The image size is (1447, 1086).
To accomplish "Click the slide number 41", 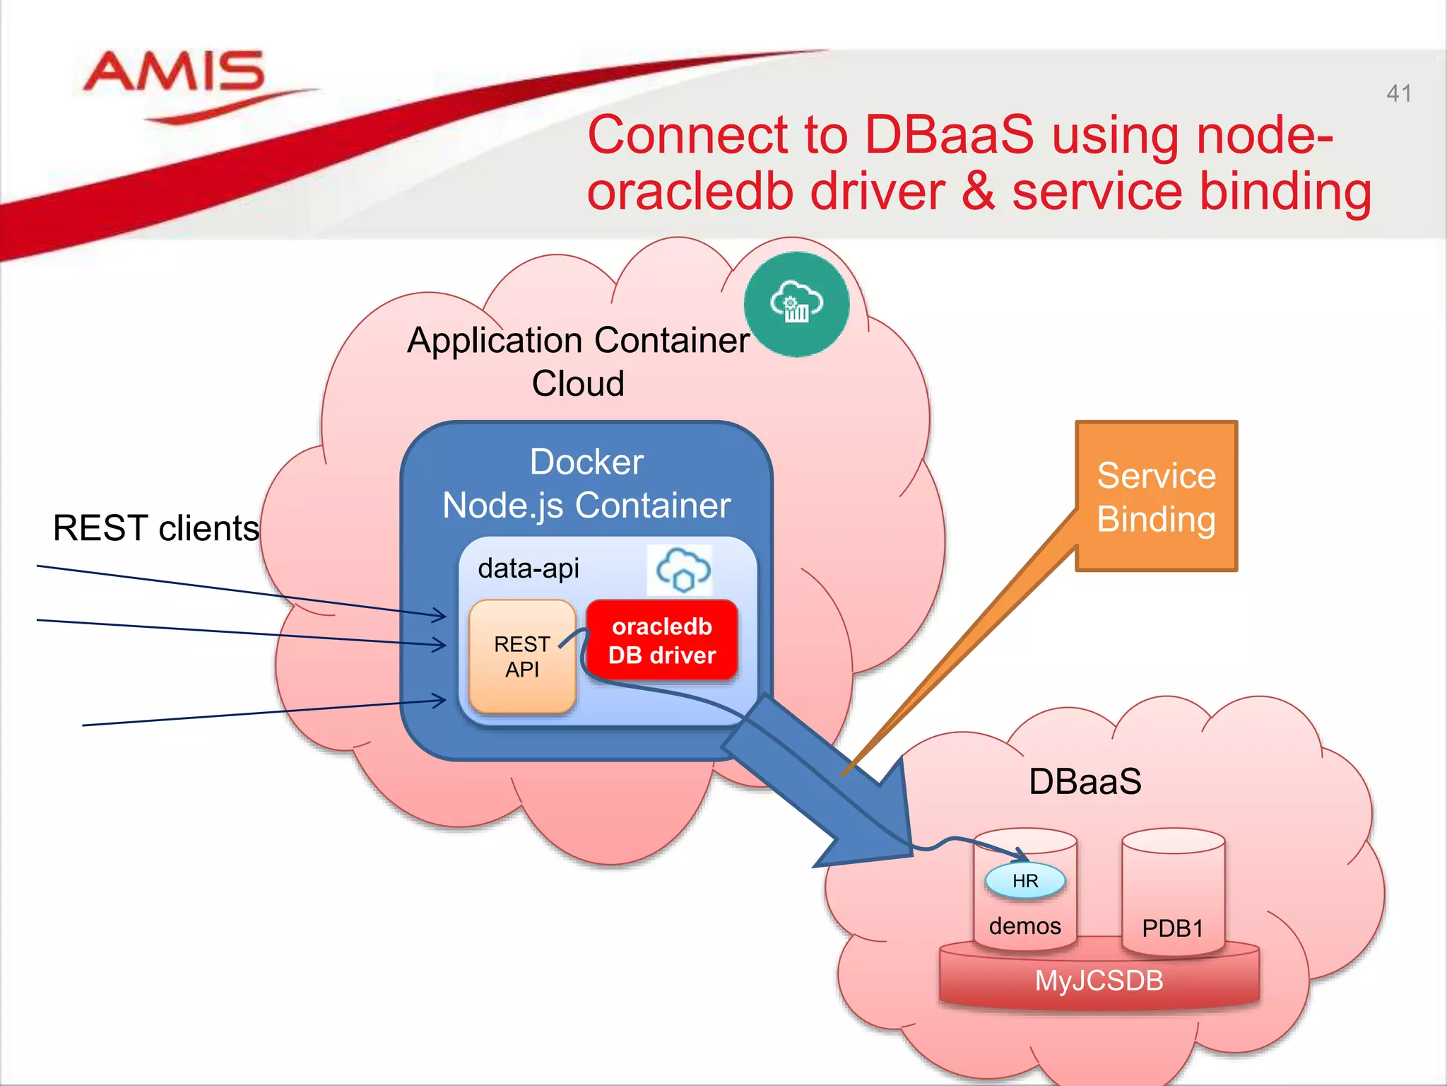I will click(x=1398, y=93).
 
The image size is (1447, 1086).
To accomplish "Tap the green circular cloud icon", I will click(x=796, y=304).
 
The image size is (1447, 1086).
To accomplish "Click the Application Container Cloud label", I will click(x=578, y=361).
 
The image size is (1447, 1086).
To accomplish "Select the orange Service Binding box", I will click(x=1157, y=496).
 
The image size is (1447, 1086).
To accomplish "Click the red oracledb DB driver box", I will click(x=662, y=641).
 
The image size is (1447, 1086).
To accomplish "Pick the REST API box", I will click(x=522, y=656).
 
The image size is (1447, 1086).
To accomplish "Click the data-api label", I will click(x=528, y=568).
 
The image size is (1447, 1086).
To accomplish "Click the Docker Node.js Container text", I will click(x=586, y=484).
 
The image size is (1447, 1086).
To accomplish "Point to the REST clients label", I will click(x=155, y=528).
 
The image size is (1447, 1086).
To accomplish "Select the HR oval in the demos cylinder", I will click(x=1024, y=881).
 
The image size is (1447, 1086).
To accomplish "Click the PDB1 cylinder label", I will click(x=1172, y=928).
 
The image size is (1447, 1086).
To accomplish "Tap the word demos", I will click(x=1024, y=926).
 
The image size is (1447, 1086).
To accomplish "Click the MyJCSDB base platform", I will click(x=1099, y=981).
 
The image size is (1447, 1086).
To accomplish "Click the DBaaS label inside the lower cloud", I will click(x=1085, y=782).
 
